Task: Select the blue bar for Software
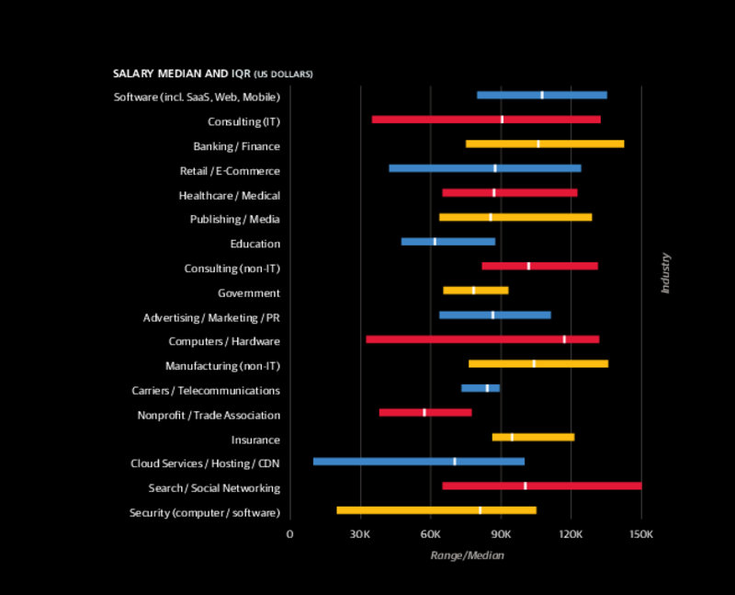[x=541, y=95]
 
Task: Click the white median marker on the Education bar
[x=435, y=242]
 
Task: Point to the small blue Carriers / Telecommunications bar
[x=480, y=388]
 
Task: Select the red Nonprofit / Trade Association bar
[x=424, y=412]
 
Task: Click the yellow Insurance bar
[x=533, y=437]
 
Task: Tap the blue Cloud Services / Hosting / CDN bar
[x=418, y=461]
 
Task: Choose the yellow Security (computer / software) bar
[x=435, y=509]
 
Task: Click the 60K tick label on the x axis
[x=431, y=534]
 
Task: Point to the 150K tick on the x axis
[x=641, y=534]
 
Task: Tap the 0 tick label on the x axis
[x=290, y=534]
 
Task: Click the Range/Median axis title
[x=467, y=555]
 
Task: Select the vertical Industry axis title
[x=665, y=274]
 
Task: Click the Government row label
[x=248, y=293]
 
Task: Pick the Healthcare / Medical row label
[x=230, y=196]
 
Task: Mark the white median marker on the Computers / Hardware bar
[x=564, y=339]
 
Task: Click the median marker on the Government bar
[x=474, y=291]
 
